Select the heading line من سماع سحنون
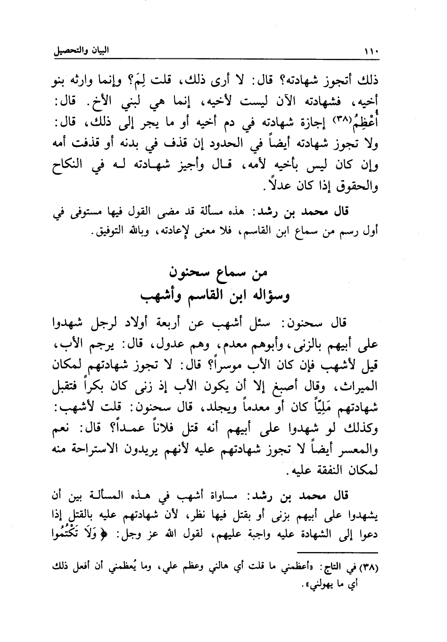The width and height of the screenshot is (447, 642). coord(216,273)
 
